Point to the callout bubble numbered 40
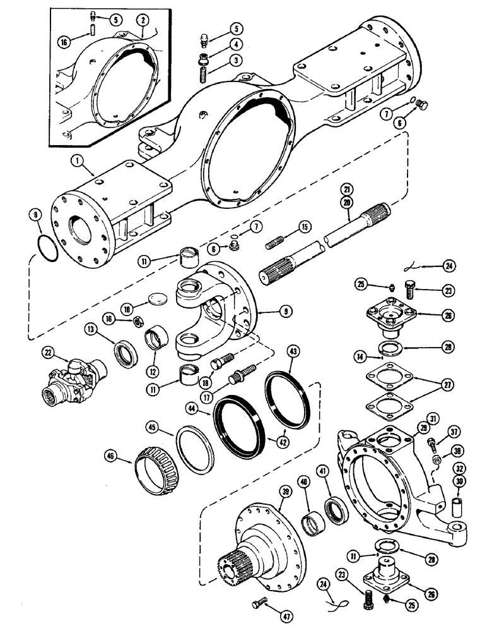coord(304,484)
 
